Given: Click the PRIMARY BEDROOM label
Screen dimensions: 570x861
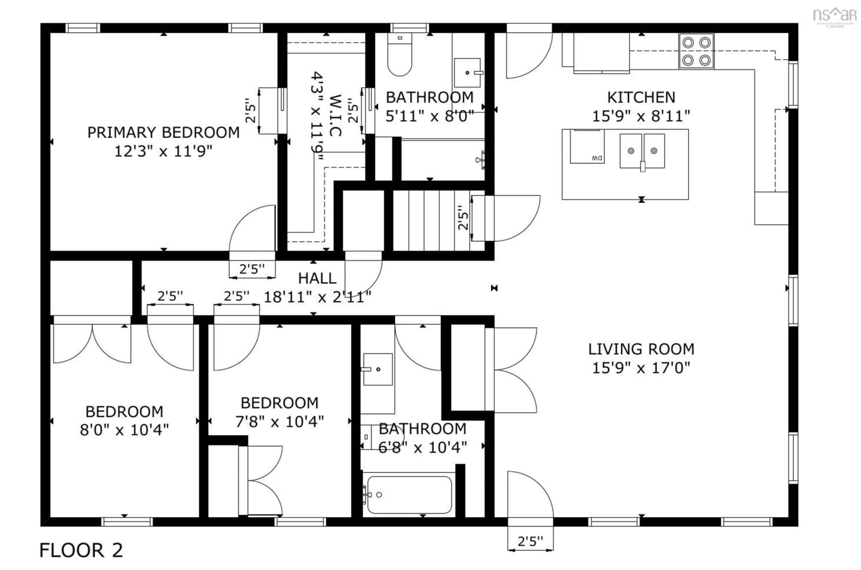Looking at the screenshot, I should pos(163,132).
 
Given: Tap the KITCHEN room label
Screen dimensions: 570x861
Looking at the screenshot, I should pos(641,97).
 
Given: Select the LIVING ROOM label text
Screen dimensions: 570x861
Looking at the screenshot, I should pos(641,349).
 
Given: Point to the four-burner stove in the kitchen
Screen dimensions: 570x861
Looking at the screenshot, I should pos(696,51).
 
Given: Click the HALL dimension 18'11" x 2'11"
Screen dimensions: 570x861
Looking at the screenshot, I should pos(317,297).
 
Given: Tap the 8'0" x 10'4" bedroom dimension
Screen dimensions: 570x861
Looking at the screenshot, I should pos(124,430).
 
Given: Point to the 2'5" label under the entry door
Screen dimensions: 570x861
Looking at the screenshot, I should pos(530,542).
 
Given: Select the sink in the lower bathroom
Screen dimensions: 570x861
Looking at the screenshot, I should pos(377,369).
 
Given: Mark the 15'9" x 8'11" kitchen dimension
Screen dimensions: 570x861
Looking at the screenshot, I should pos(641,116).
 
